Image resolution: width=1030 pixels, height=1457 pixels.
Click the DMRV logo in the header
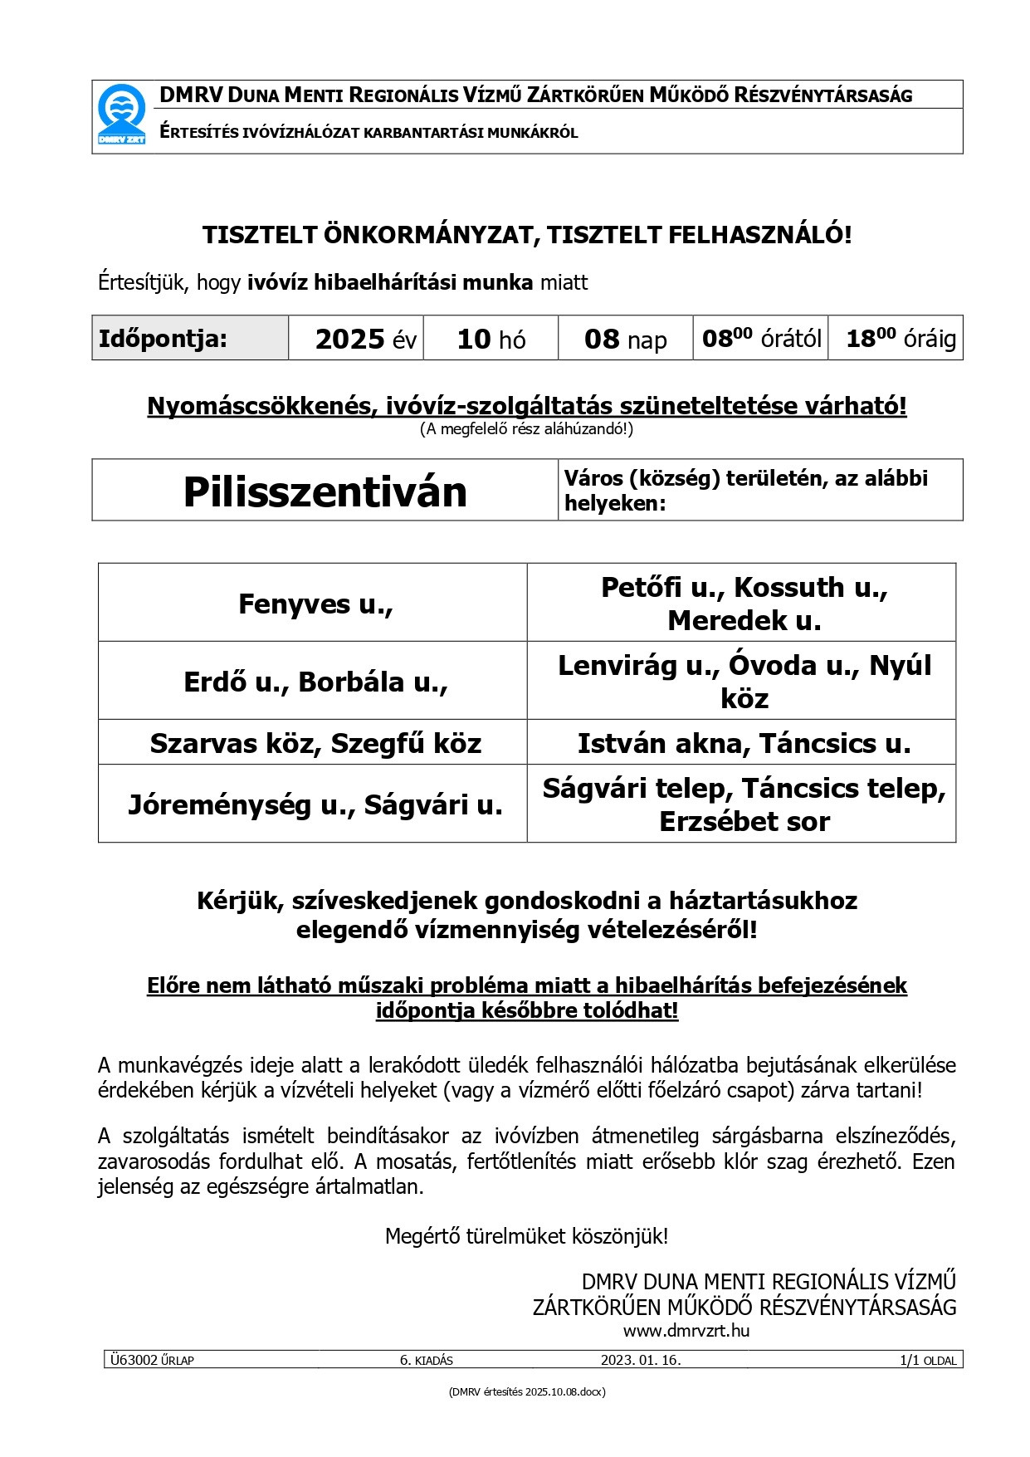[121, 116]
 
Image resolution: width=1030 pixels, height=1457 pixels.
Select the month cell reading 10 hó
[491, 339]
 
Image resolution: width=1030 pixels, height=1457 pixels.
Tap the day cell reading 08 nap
[625, 339]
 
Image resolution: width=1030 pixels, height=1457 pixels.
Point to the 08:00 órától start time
[761, 339]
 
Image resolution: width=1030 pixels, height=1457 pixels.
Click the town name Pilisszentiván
[325, 491]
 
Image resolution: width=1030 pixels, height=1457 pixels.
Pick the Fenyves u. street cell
[315, 604]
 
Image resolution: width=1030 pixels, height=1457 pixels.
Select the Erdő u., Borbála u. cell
[315, 682]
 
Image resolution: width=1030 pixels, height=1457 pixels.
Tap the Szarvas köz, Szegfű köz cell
[315, 743]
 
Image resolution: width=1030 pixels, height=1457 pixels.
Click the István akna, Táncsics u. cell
[744, 743]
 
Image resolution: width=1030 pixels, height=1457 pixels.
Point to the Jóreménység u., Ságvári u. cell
[315, 804]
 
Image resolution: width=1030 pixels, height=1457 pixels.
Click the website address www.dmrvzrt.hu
[686, 1330]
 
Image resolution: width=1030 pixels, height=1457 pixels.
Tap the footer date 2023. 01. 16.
[641, 1360]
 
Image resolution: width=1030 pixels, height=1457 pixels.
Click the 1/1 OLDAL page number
[927, 1360]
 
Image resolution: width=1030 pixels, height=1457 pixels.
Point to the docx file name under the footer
[527, 1391]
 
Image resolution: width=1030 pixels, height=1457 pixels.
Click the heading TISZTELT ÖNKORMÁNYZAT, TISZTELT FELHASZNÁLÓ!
[527, 235]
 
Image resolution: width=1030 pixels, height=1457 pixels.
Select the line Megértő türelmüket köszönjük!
[527, 1236]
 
